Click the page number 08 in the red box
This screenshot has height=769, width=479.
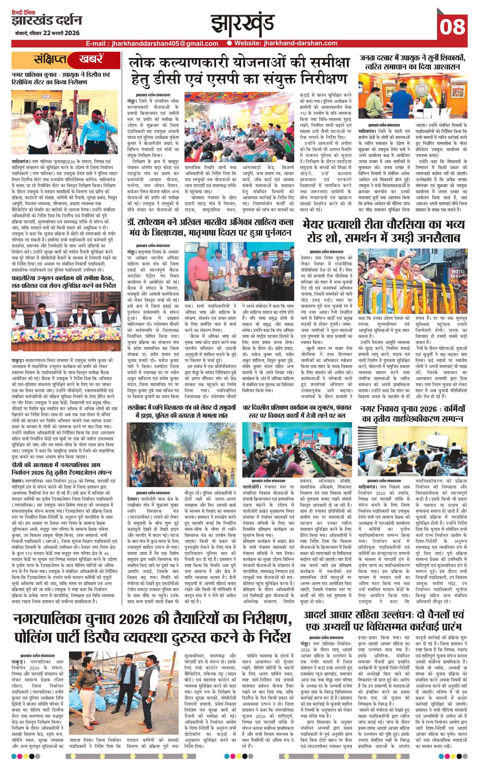click(x=452, y=27)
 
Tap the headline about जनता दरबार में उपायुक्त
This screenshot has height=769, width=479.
click(x=412, y=62)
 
